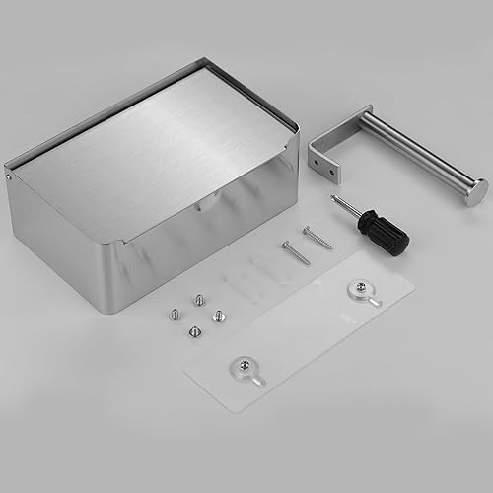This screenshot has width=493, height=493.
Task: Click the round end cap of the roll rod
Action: coord(475,190)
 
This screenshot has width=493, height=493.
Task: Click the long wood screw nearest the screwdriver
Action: coord(317,238)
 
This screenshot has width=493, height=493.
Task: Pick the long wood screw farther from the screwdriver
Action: coord(295,252)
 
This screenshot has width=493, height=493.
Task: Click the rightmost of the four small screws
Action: coord(219,315)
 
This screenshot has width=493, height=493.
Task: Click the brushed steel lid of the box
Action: coord(158,148)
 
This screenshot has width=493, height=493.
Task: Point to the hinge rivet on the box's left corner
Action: coord(11,178)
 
